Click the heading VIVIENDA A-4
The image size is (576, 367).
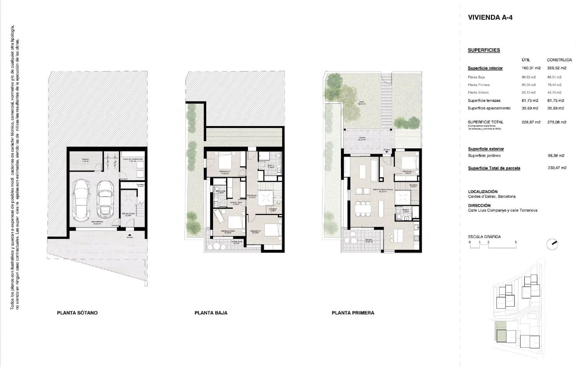490,17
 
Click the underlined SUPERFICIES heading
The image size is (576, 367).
484,50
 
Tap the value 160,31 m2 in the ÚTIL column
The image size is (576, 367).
531,68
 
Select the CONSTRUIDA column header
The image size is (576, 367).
559,60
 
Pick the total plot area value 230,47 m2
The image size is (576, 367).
557,168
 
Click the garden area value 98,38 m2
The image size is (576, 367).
556,156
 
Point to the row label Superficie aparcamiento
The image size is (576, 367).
489,108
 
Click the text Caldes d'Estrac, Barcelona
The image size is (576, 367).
491,196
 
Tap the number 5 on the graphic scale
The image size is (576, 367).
516,242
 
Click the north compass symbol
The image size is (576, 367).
552,244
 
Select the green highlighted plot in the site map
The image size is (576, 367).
501,331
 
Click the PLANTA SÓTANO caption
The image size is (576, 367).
77,313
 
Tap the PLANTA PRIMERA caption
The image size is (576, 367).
353,313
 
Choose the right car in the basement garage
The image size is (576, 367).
105,199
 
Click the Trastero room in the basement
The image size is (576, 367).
85,161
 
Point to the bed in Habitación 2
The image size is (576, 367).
226,161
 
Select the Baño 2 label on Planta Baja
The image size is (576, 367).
270,166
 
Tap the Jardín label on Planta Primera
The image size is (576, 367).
361,102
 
